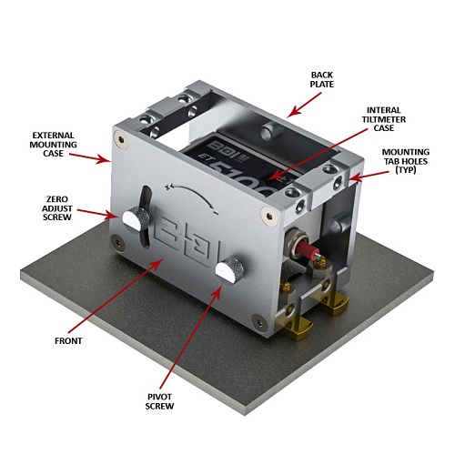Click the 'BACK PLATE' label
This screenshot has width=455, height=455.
pyautogui.click(x=322, y=79)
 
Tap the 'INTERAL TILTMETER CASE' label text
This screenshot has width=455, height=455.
pyautogui.click(x=384, y=119)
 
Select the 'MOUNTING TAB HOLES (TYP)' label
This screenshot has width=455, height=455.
pyautogui.click(x=406, y=161)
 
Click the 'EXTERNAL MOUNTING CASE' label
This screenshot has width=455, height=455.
pyautogui.click(x=53, y=145)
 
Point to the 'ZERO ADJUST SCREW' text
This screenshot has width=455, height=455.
pyautogui.click(x=57, y=208)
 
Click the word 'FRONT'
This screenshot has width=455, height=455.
pyautogui.click(x=68, y=341)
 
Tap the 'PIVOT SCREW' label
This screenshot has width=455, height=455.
pyautogui.click(x=159, y=401)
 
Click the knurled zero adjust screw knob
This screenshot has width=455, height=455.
pyautogui.click(x=136, y=219)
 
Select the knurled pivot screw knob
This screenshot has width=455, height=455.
pyautogui.click(x=229, y=270)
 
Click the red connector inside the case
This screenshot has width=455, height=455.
pyautogui.click(x=307, y=250)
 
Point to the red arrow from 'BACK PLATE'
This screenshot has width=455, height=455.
pyautogui.click(x=304, y=105)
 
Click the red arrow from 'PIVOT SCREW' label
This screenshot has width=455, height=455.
pyautogui.click(x=190, y=338)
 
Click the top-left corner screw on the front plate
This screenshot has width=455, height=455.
pyautogui.click(x=121, y=140)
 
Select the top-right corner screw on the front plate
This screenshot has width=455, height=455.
pyautogui.click(x=268, y=217)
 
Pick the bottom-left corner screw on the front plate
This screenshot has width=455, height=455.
pyautogui.click(x=116, y=243)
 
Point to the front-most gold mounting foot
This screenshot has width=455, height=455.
pyautogui.click(x=298, y=329)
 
